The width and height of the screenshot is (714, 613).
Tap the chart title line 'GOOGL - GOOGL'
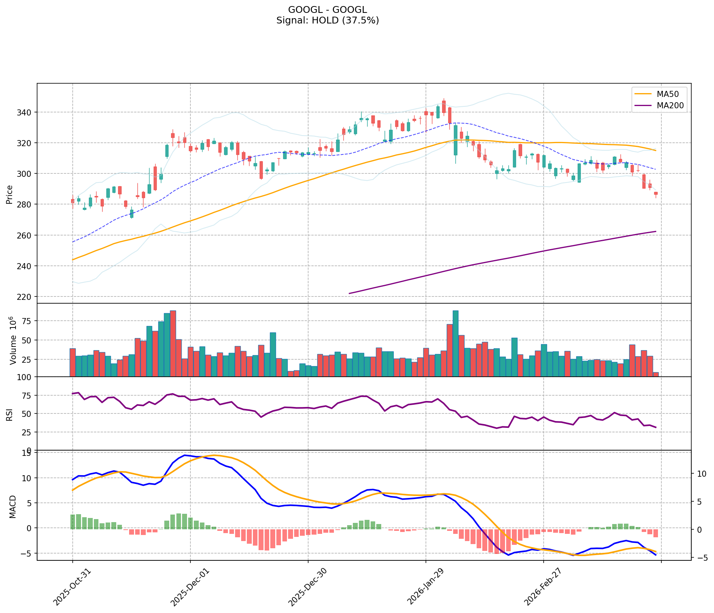[327, 10]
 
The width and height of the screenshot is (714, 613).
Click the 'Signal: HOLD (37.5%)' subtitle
[327, 20]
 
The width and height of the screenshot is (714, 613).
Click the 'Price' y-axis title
[9, 194]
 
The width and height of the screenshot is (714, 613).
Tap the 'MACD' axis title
[12, 507]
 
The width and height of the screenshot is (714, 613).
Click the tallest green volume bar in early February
[455, 343]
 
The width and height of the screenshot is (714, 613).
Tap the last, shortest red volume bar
[656, 374]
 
